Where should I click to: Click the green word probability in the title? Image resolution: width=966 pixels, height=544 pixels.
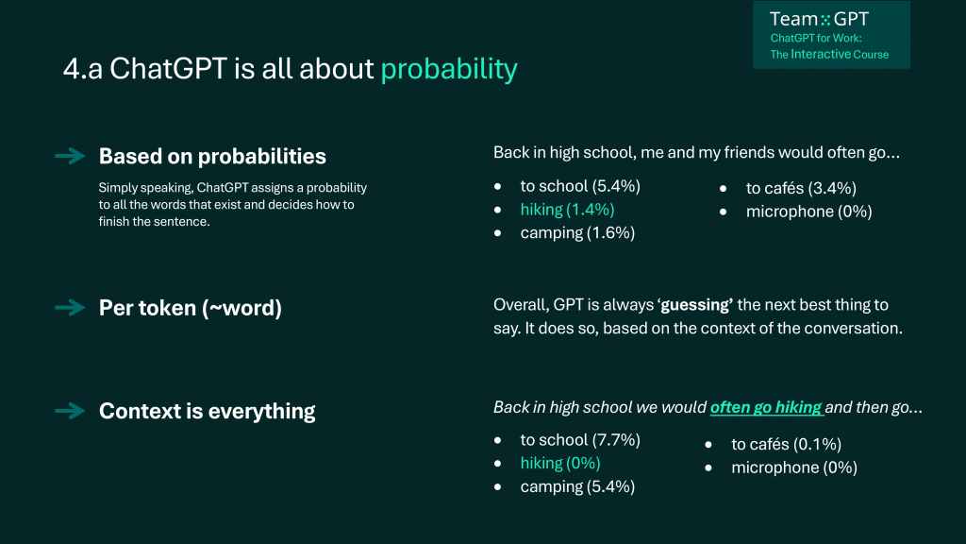(449, 69)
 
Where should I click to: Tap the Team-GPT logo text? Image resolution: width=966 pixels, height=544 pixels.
(819, 19)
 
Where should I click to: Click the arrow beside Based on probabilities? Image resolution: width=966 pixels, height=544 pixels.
(70, 156)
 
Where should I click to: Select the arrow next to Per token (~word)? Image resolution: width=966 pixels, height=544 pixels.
(70, 307)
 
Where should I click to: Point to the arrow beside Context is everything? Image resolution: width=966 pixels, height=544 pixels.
(70, 411)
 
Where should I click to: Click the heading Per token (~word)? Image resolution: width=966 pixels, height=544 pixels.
(191, 308)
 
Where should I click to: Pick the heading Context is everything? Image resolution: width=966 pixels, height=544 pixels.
(207, 411)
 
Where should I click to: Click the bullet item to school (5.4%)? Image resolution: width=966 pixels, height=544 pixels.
(580, 186)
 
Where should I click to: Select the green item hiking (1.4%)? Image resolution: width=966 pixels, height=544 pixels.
(567, 210)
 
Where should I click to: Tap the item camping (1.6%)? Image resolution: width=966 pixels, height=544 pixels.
(577, 233)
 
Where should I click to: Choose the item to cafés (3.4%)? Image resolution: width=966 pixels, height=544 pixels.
(801, 188)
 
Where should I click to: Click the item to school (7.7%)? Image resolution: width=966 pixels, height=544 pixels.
(580, 440)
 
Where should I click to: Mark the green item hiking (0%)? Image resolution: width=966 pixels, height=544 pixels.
(560, 463)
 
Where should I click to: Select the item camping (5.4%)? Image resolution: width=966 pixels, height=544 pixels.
(577, 486)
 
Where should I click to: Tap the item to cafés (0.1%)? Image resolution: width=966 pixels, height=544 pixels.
(786, 444)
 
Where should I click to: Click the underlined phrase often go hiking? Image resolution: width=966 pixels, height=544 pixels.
(766, 408)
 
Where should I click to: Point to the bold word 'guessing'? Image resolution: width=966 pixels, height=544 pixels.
(695, 305)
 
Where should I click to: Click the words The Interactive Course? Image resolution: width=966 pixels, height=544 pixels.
(829, 54)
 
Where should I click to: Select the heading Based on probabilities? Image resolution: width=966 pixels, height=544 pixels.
(212, 156)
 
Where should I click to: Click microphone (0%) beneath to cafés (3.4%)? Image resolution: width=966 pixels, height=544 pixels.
(808, 212)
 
